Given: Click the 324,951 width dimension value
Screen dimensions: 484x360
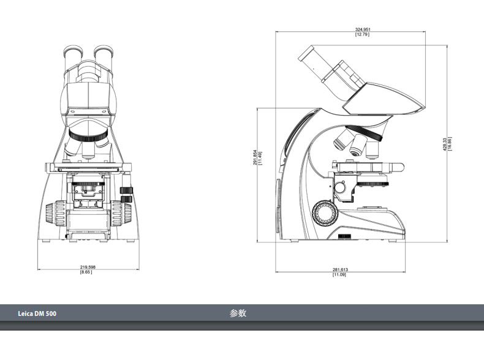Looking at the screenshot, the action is (x=363, y=29).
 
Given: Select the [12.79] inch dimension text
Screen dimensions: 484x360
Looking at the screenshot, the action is (x=362, y=34).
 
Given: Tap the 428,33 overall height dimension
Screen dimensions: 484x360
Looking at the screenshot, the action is (x=445, y=144).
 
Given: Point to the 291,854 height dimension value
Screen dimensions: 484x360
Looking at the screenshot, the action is (x=255, y=157).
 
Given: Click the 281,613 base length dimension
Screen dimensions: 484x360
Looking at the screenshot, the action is (x=340, y=269).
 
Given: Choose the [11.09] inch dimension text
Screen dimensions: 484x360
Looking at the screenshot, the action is (x=339, y=274).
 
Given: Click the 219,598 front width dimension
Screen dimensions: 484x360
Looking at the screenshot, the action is (x=88, y=267).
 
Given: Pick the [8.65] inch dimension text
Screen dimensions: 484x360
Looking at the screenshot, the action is (x=86, y=272).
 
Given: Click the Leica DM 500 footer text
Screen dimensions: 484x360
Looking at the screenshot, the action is (x=37, y=313).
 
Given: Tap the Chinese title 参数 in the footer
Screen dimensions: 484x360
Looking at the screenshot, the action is (x=238, y=313).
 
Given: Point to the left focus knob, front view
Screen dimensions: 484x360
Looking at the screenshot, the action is (x=56, y=213).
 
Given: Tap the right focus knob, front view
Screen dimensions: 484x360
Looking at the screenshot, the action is (x=121, y=213).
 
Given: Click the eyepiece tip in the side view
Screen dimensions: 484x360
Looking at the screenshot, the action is (x=306, y=53).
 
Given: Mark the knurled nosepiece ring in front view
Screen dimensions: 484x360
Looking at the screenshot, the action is (x=88, y=135).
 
